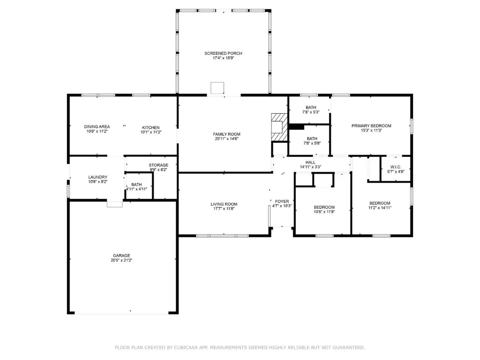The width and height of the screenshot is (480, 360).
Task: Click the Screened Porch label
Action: point(223,53)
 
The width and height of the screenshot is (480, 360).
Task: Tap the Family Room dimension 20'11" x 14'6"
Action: point(227,139)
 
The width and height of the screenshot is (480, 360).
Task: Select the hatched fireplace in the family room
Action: point(280,128)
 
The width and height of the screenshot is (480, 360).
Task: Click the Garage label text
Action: point(122,256)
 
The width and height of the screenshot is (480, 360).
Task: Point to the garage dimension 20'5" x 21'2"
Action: point(122,260)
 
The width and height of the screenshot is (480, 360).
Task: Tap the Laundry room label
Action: point(98,177)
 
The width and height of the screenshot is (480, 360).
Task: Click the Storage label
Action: point(159,165)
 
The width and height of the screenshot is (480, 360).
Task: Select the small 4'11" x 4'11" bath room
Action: point(139,186)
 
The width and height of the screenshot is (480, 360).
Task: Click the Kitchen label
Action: point(151,128)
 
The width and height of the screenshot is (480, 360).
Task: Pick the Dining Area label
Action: point(97,127)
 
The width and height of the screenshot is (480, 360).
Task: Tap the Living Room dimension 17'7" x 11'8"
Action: point(224,209)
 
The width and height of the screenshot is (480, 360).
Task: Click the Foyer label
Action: point(282,201)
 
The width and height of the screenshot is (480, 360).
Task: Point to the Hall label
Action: point(310,162)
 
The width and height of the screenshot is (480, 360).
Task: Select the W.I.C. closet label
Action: point(396,167)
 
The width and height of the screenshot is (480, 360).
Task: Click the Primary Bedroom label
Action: point(371,126)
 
